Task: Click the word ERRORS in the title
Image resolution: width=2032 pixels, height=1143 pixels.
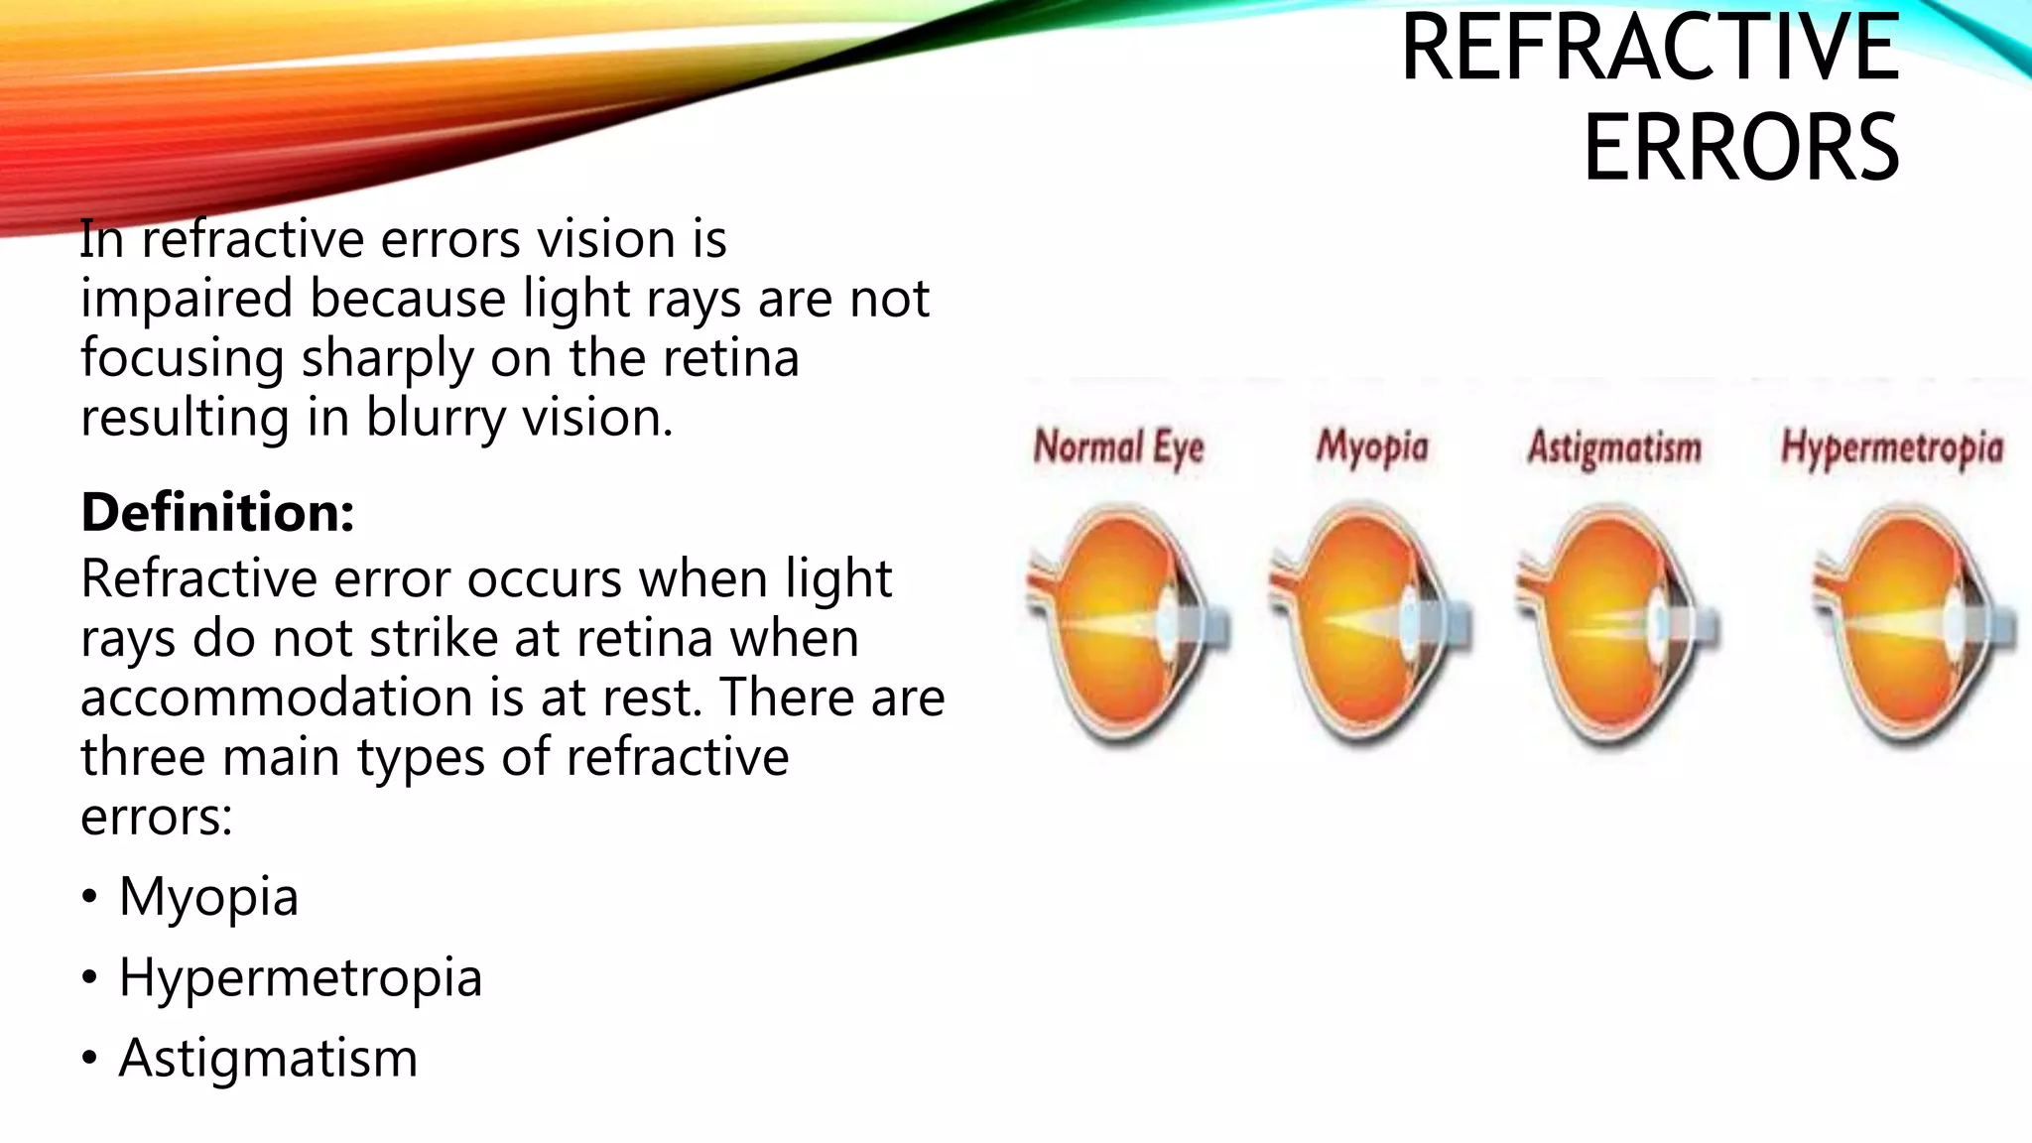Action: point(1740,148)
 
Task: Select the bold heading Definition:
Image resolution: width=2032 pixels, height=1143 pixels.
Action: point(217,513)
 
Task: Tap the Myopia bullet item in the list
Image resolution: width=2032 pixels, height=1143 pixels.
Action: point(208,897)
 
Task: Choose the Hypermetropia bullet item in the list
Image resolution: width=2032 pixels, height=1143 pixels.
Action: point(300,977)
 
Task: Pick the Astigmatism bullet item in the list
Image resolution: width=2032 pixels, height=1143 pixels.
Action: point(268,1058)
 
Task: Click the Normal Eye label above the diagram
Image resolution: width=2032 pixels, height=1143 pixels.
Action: point(1118,447)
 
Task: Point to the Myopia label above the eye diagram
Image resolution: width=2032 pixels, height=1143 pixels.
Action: point(1372,447)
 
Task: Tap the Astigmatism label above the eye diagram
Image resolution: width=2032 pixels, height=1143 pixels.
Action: point(1614,447)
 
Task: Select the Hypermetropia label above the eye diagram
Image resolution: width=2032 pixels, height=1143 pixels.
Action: point(1892,447)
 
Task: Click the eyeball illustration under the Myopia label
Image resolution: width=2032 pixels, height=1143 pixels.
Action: point(1369,625)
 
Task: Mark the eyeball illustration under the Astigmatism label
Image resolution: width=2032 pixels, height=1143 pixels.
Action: point(1615,625)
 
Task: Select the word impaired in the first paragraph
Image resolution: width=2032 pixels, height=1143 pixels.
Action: point(187,299)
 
